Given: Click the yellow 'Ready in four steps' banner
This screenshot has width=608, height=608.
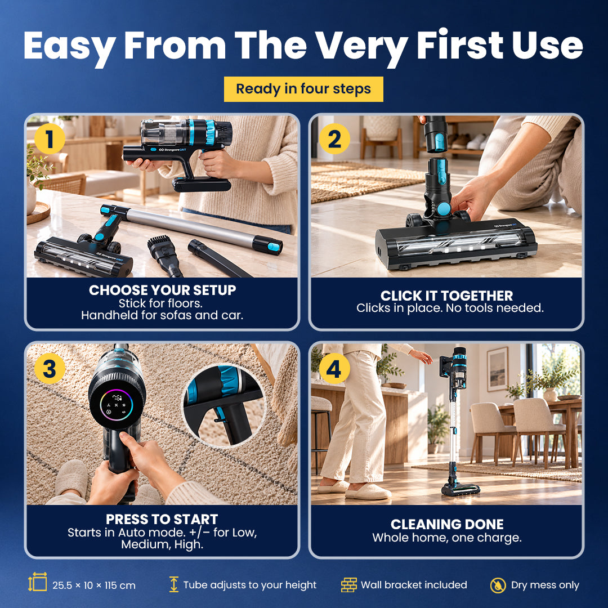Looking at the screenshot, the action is tap(303, 89).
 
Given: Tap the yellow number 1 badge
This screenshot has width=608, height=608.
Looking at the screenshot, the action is tap(50, 139).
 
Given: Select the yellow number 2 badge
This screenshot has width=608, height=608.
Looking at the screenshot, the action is tap(334, 139).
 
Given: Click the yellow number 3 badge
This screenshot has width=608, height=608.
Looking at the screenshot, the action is tap(50, 368).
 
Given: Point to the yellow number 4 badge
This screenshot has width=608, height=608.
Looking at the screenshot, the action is tap(334, 368).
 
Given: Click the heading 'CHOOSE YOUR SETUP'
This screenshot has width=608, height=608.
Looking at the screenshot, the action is tap(163, 290).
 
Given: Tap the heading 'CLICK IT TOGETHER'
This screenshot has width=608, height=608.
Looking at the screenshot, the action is tap(446, 296).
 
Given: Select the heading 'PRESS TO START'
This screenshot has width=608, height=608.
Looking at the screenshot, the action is tap(162, 519).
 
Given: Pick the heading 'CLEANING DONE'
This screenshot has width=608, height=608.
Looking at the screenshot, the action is tap(447, 524).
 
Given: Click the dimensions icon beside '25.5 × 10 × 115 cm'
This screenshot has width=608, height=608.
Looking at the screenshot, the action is tap(38, 582).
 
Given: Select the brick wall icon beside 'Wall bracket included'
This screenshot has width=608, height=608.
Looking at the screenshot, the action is tap(349, 585).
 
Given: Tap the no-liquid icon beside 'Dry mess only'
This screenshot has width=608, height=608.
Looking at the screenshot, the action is tap(498, 585).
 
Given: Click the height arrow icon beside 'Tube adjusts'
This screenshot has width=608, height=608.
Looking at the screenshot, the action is tap(174, 584).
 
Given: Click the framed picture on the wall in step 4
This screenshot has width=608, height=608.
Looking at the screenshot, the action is tap(498, 369).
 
